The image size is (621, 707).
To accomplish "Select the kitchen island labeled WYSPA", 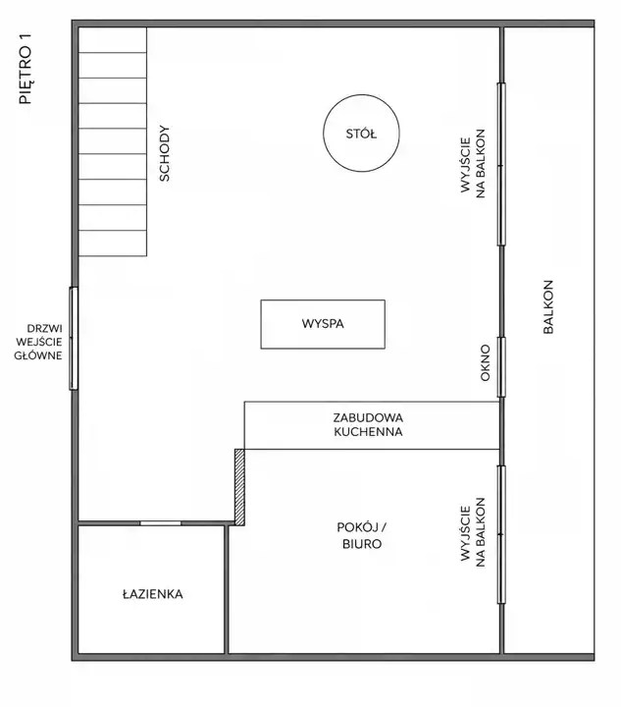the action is [x=323, y=324].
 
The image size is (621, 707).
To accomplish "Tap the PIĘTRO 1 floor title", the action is [x=26, y=69].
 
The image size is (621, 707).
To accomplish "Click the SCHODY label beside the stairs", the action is [x=165, y=153].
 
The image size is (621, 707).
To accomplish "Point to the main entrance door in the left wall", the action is [x=74, y=338].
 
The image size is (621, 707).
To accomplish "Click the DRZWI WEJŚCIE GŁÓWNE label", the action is [x=38, y=342].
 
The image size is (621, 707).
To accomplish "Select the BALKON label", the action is [x=548, y=306].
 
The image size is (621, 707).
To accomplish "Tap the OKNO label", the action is [x=485, y=363].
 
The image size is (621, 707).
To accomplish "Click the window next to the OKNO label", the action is [x=501, y=367].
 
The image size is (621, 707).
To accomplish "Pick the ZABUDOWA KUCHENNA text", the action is [x=368, y=425].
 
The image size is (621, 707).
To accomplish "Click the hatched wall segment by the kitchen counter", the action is [x=240, y=487].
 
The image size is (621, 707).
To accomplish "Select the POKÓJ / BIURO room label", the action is [x=362, y=536].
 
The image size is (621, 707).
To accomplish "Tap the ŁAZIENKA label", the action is [x=153, y=594].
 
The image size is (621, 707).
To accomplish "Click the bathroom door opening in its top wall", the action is [x=160, y=523].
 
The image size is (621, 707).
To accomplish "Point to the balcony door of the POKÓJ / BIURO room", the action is [x=501, y=534].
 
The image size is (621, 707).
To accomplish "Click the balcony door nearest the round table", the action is [x=501, y=165].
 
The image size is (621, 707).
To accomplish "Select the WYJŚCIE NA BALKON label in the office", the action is [x=473, y=532].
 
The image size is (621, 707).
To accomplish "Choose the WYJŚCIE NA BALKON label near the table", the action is [x=473, y=164].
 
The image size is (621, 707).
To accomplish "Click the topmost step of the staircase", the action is [x=113, y=39].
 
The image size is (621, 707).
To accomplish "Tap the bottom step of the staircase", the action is [x=113, y=244].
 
